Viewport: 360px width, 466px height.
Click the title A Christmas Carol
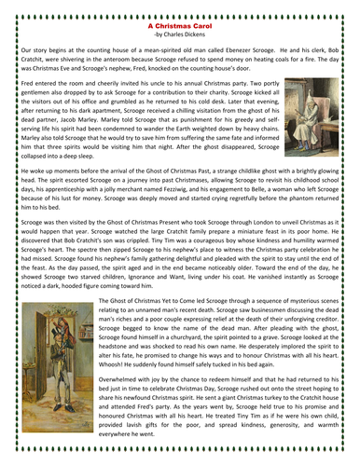click(x=180, y=29)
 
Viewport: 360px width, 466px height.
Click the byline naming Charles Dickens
click(x=180, y=37)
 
